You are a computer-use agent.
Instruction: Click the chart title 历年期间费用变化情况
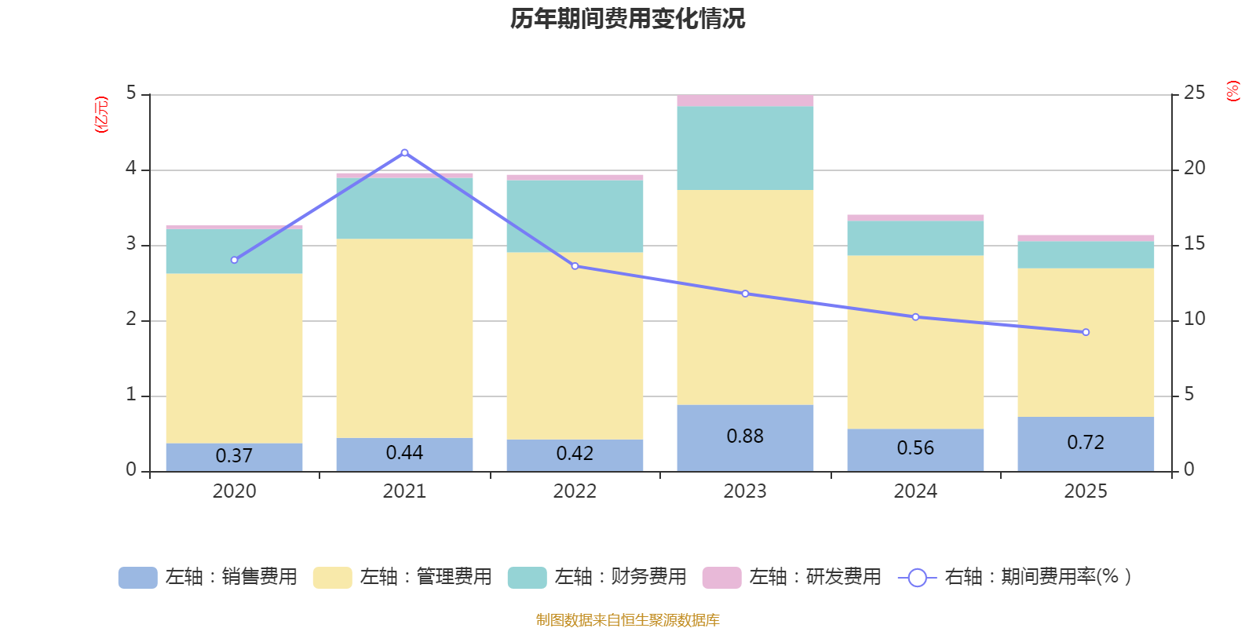[627, 19]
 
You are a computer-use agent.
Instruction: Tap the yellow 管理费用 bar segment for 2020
[234, 358]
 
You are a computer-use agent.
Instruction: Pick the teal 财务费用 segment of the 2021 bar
[404, 208]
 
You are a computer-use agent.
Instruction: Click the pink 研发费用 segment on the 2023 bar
[745, 100]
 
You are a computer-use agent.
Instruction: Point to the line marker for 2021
[404, 152]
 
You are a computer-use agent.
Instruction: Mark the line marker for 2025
[1086, 332]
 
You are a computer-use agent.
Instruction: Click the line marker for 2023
[745, 294]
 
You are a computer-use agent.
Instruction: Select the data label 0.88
[745, 436]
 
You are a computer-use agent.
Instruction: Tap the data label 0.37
[234, 456]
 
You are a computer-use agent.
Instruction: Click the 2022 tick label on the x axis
[575, 491]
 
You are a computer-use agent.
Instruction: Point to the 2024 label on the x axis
[915, 491]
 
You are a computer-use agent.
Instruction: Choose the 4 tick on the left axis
[131, 169]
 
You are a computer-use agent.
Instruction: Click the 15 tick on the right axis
[1194, 243]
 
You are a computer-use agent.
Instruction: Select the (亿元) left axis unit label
[101, 115]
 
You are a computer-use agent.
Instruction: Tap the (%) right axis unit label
[1232, 91]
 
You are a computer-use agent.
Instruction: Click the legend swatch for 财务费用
[527, 578]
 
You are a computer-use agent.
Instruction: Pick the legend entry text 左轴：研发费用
[815, 577]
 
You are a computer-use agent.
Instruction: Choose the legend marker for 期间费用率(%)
[917, 578]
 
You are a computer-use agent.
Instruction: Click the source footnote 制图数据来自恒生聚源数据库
[627, 620]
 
